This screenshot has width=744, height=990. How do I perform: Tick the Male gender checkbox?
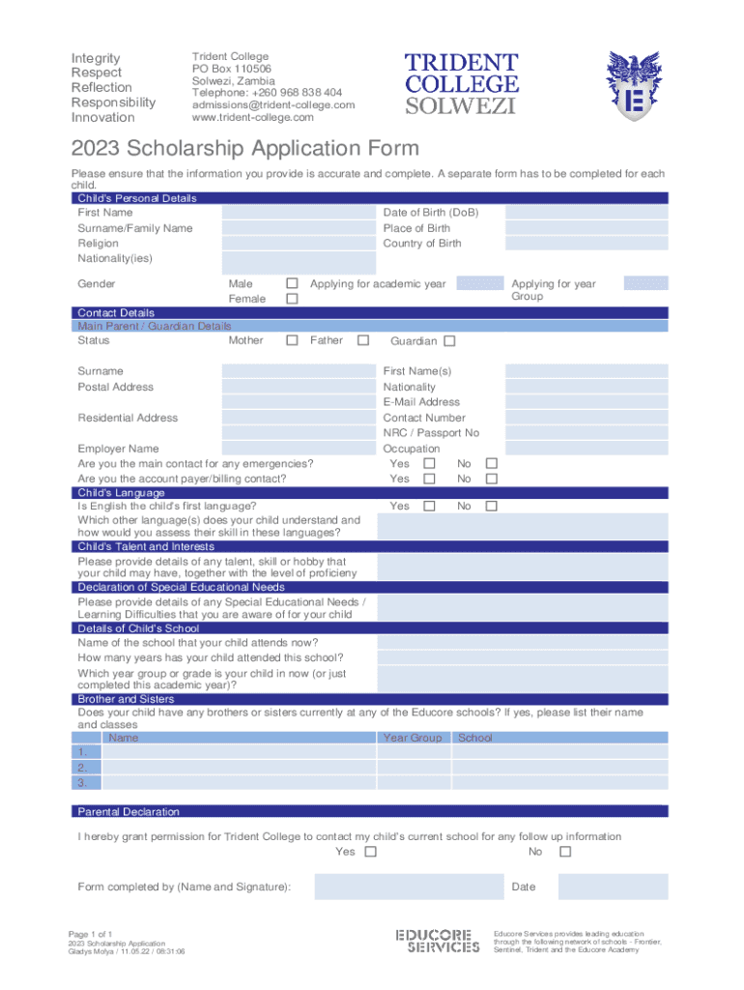(x=292, y=283)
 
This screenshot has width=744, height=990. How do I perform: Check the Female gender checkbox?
(x=292, y=300)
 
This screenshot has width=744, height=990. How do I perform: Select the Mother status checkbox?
(x=292, y=340)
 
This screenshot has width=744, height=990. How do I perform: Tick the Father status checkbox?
(x=363, y=340)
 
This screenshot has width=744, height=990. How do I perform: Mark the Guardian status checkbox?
(x=449, y=341)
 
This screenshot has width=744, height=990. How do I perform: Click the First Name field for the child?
(x=299, y=213)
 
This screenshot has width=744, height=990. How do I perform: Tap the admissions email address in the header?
(x=273, y=104)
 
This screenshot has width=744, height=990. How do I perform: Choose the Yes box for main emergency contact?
(x=430, y=464)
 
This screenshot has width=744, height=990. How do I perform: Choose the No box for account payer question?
(x=491, y=479)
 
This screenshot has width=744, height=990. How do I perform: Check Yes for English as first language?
(x=430, y=506)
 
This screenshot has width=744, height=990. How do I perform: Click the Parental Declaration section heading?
(x=129, y=811)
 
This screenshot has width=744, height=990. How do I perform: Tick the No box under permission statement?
(x=565, y=852)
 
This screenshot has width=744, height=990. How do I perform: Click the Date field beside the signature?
(x=613, y=887)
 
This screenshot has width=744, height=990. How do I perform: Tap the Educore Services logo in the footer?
(x=438, y=941)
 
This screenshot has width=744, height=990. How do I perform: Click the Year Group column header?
(x=413, y=738)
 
